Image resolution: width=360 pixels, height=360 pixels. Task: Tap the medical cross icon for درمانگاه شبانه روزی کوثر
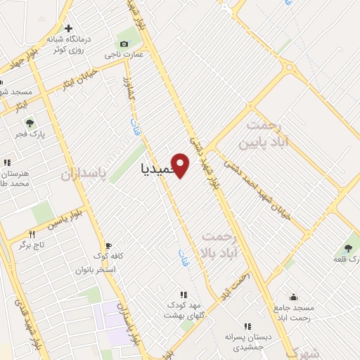(x=67, y=29)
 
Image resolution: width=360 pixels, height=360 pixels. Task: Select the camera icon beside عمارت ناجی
(x=124, y=44)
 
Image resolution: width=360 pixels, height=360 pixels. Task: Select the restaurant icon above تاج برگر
(x=32, y=233)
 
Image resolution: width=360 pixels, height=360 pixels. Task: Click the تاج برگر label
(x=32, y=244)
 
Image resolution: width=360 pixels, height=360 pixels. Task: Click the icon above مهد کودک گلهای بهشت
(x=184, y=295)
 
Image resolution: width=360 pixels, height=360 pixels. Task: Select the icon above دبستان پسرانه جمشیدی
(x=247, y=326)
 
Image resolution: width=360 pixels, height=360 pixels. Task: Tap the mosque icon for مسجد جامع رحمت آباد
(x=293, y=297)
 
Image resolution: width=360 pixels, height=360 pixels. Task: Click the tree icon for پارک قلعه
(x=348, y=247)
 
